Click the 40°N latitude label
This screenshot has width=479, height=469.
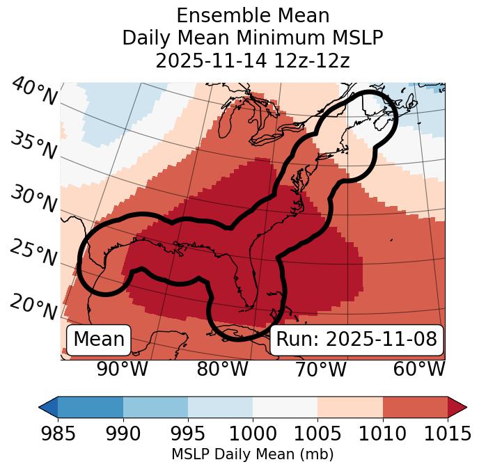tap(34, 93)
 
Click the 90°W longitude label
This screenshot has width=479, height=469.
tap(122, 369)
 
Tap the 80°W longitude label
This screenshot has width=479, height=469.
tap(222, 369)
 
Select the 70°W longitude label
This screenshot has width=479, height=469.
tap(321, 369)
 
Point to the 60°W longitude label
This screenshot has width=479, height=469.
tap(419, 369)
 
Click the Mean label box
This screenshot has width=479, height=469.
tap(99, 340)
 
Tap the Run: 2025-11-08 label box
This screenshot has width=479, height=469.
tap(356, 340)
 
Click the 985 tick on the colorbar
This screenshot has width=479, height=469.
tap(58, 434)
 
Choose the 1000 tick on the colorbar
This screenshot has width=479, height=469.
tap(253, 434)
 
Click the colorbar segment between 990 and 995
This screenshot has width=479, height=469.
tap(155, 406)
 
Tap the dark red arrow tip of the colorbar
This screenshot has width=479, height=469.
tap(457, 406)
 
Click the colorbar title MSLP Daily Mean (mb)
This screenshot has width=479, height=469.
tap(253, 454)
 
